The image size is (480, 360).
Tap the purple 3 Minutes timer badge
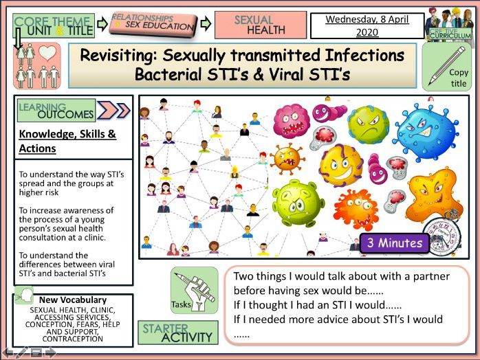pos(394,243)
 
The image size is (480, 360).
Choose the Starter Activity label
pos(178,333)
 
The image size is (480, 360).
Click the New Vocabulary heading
pos(73,300)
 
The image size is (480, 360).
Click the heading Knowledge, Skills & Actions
pos(67,141)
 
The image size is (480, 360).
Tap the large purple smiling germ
pos(340,164)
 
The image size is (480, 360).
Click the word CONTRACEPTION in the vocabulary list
pos(72,339)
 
